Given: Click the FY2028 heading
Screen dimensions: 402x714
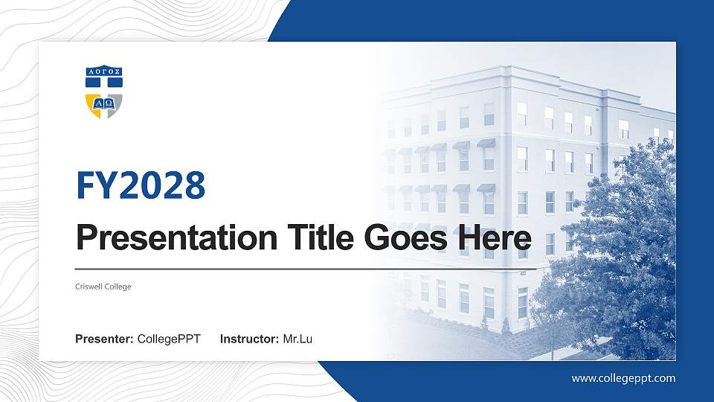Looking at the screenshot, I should tap(141, 185).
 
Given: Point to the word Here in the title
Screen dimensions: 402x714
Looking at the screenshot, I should tap(495, 238).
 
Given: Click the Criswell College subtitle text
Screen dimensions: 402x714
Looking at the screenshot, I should tap(103, 287).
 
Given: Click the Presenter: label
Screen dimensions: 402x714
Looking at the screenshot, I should tap(104, 339).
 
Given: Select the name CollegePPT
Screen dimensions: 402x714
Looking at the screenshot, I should tap(169, 339).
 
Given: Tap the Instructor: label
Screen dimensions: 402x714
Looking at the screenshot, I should tap(250, 339).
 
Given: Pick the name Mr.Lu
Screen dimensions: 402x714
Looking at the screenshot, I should tap(298, 339).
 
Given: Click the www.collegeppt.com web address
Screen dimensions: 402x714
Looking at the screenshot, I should tap(623, 378).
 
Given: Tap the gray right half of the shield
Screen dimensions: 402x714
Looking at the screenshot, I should tap(114, 105).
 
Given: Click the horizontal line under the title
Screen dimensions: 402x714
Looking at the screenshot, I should tap(297, 267).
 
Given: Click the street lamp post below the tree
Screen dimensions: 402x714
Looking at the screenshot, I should tap(553, 339).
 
